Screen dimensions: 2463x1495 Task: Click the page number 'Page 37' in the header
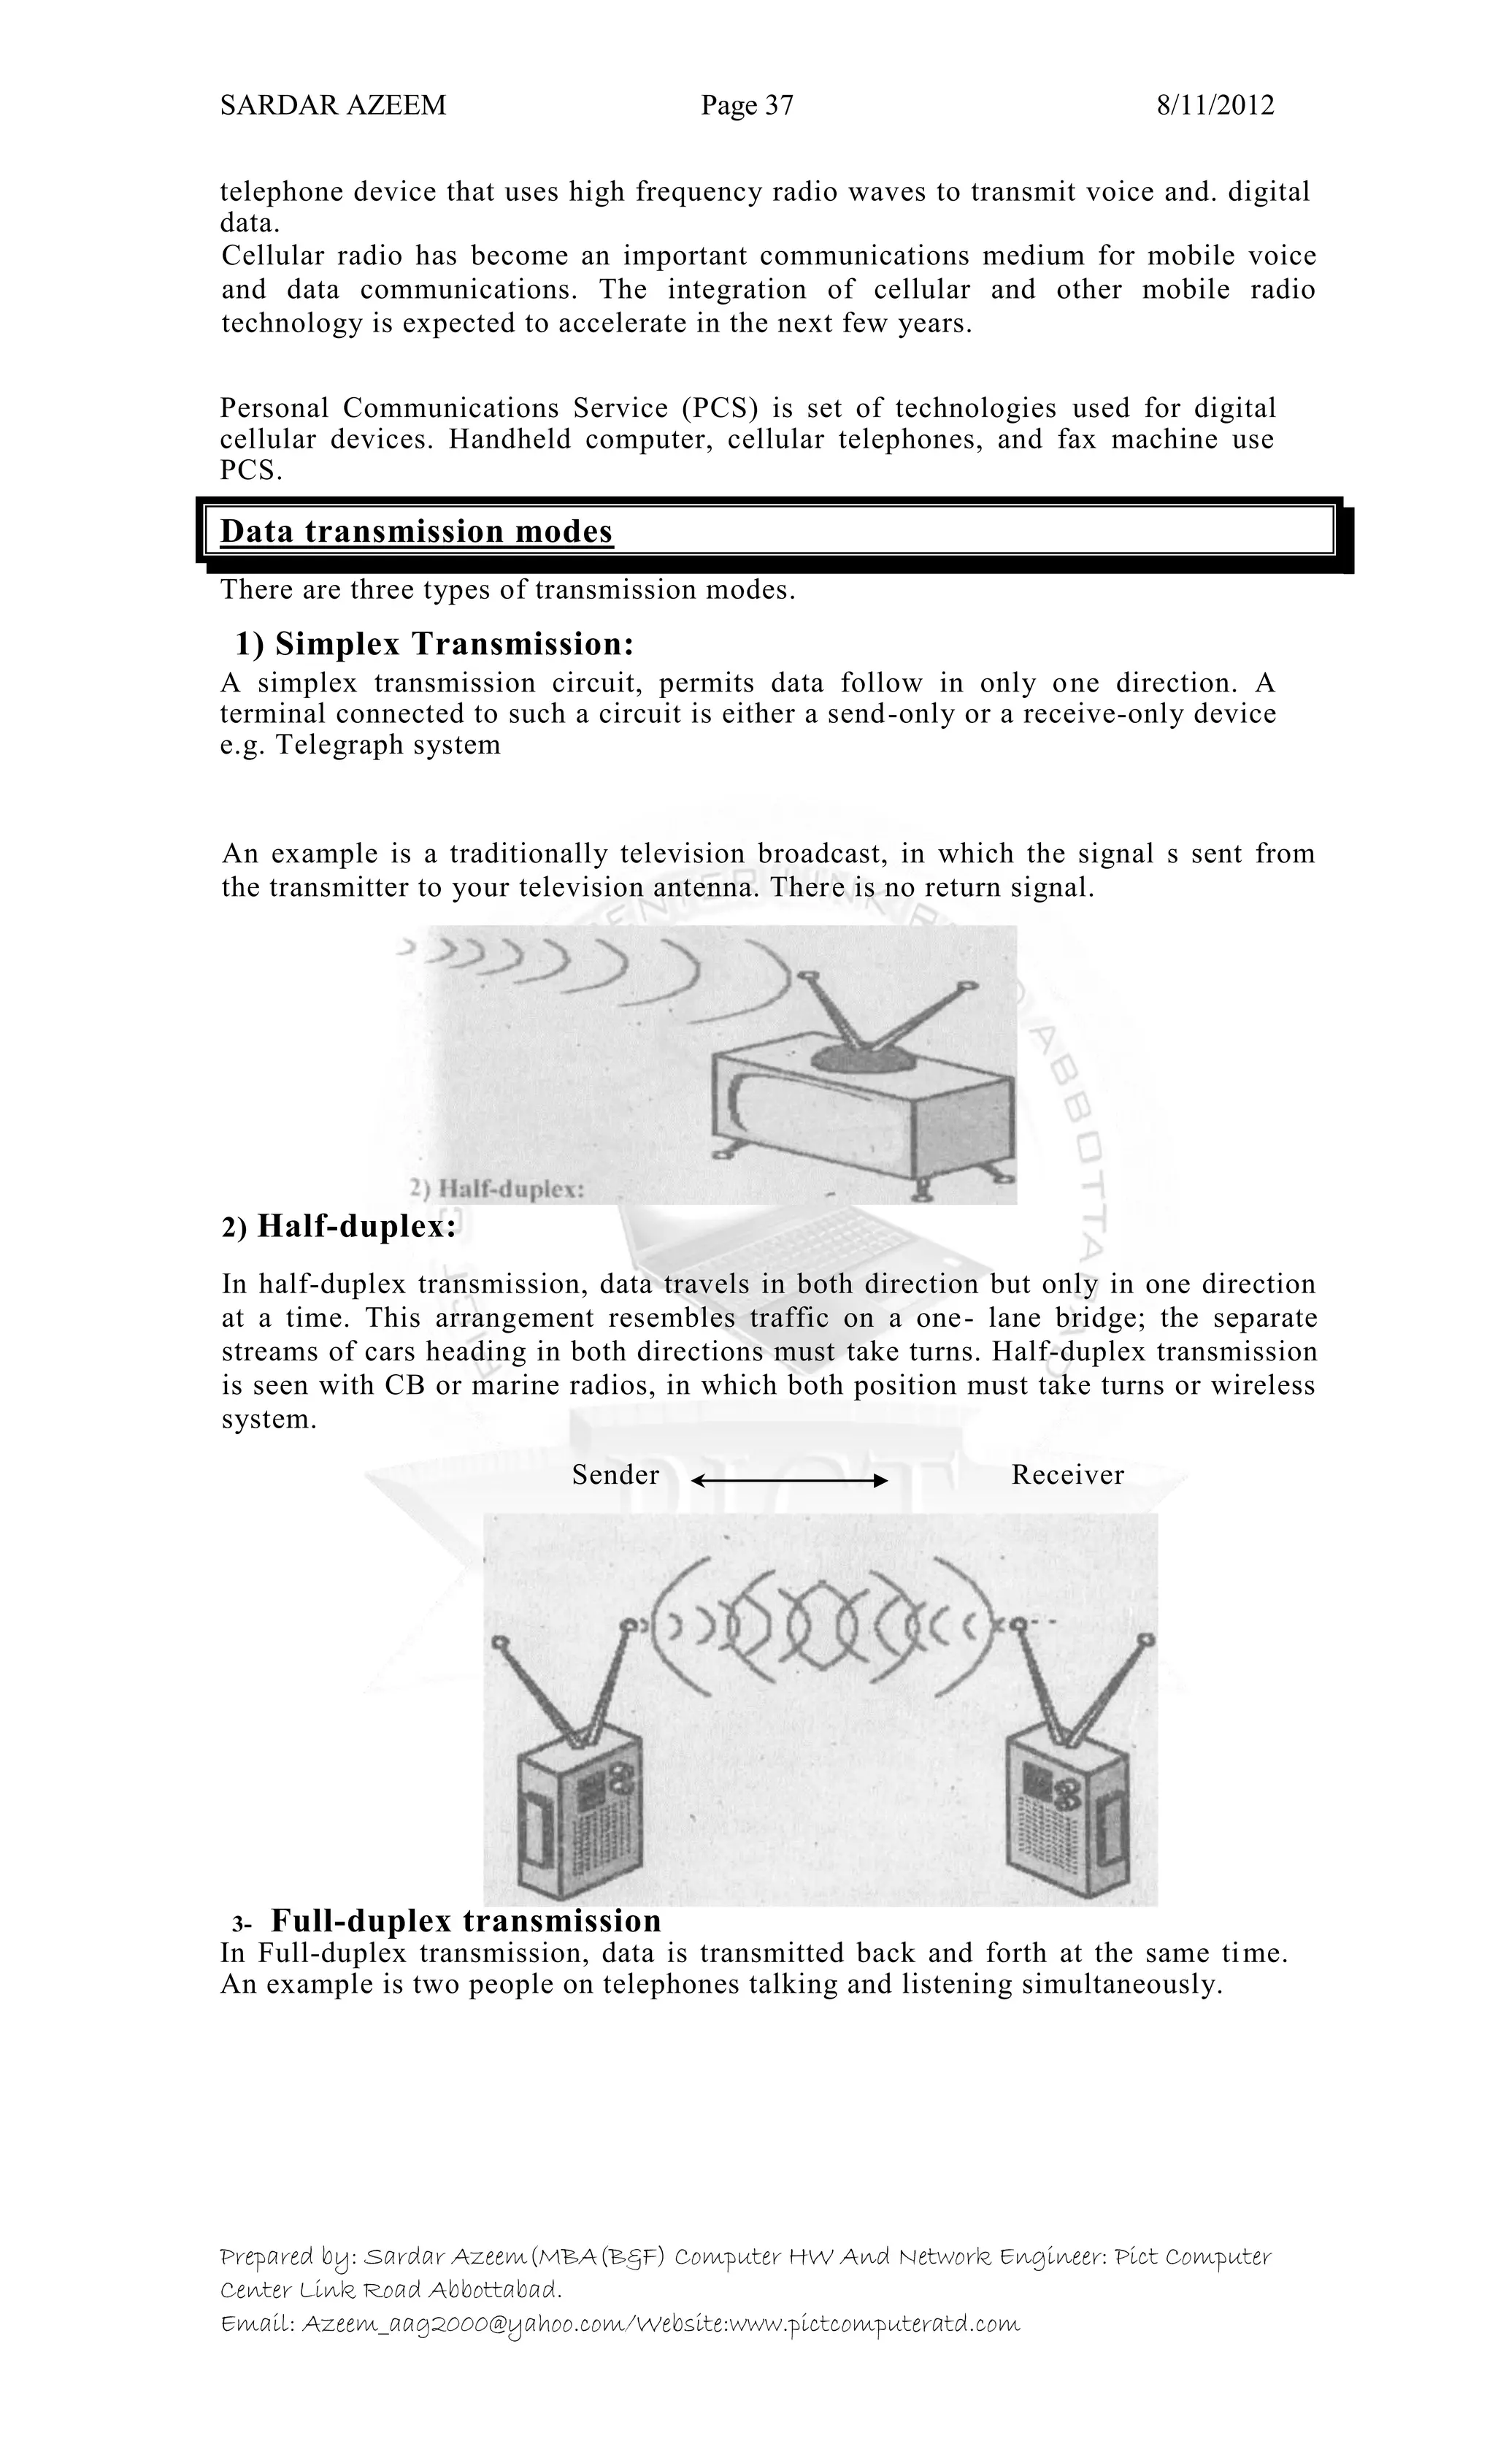(747, 106)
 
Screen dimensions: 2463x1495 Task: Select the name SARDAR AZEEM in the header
(333, 106)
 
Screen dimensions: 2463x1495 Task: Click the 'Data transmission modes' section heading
(415, 531)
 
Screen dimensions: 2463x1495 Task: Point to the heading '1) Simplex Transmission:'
(435, 644)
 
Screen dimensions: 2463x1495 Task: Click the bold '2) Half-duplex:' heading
(339, 1227)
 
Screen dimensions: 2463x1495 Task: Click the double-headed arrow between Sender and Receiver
(788, 1480)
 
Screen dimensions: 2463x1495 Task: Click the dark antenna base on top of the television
(861, 1057)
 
